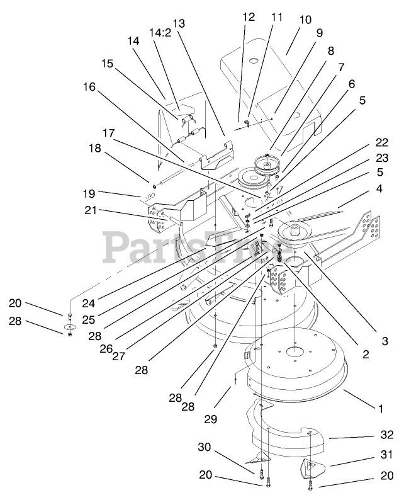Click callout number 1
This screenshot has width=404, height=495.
(379, 409)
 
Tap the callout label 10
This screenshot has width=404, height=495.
(305, 20)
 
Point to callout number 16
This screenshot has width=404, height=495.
(89, 87)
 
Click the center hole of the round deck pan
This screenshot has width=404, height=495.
(295, 346)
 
